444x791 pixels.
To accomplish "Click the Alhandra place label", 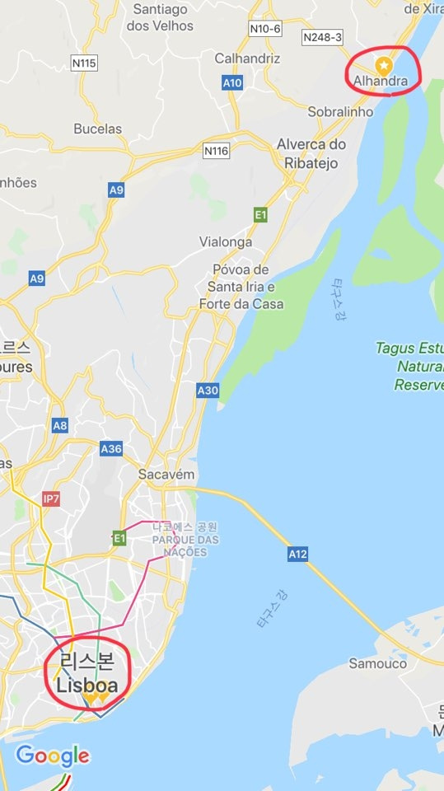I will [x=381, y=81].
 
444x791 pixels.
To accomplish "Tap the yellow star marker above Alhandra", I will [x=383, y=64].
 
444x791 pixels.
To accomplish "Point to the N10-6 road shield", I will [x=264, y=29].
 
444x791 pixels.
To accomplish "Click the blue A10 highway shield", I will [x=233, y=82].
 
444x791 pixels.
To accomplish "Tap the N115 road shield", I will [x=84, y=63].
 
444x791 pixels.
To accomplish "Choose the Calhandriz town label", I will [x=247, y=59].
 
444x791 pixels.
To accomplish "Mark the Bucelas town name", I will [x=97, y=129].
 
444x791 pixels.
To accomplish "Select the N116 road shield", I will [x=217, y=150].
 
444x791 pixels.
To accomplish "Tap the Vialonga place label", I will [x=227, y=242].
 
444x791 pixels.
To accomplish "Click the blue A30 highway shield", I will [x=208, y=390].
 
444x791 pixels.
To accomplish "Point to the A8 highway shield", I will [x=59, y=425].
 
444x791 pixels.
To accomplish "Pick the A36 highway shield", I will [x=111, y=449].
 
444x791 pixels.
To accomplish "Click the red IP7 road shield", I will [x=51, y=499].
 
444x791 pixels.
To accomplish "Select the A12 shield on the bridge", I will [x=297, y=555].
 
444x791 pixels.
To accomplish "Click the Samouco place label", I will [x=377, y=662].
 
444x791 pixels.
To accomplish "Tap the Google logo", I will [x=53, y=756].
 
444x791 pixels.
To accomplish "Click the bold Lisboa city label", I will [x=86, y=686].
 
